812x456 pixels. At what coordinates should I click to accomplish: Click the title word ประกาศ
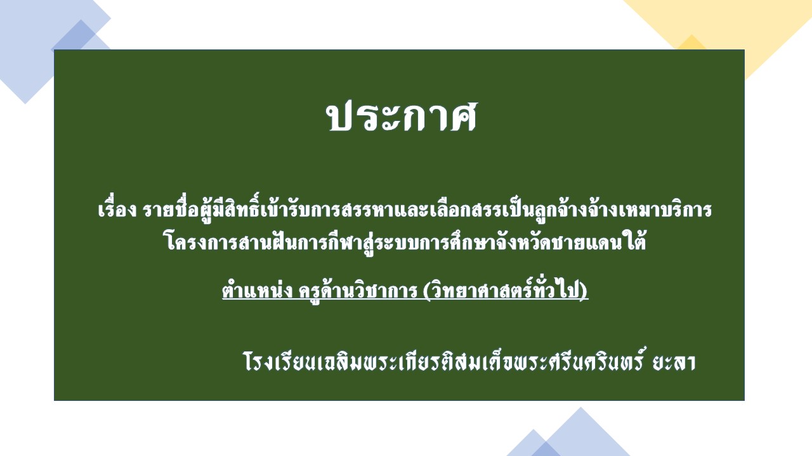coord(402,116)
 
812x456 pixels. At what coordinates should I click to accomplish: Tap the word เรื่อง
coord(117,209)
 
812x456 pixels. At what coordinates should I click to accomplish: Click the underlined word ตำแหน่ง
coord(258,290)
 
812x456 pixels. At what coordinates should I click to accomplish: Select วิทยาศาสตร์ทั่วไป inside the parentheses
coord(504,290)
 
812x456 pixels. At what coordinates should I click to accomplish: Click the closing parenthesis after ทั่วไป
coord(583,291)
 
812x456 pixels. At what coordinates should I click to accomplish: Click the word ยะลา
coord(674,362)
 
